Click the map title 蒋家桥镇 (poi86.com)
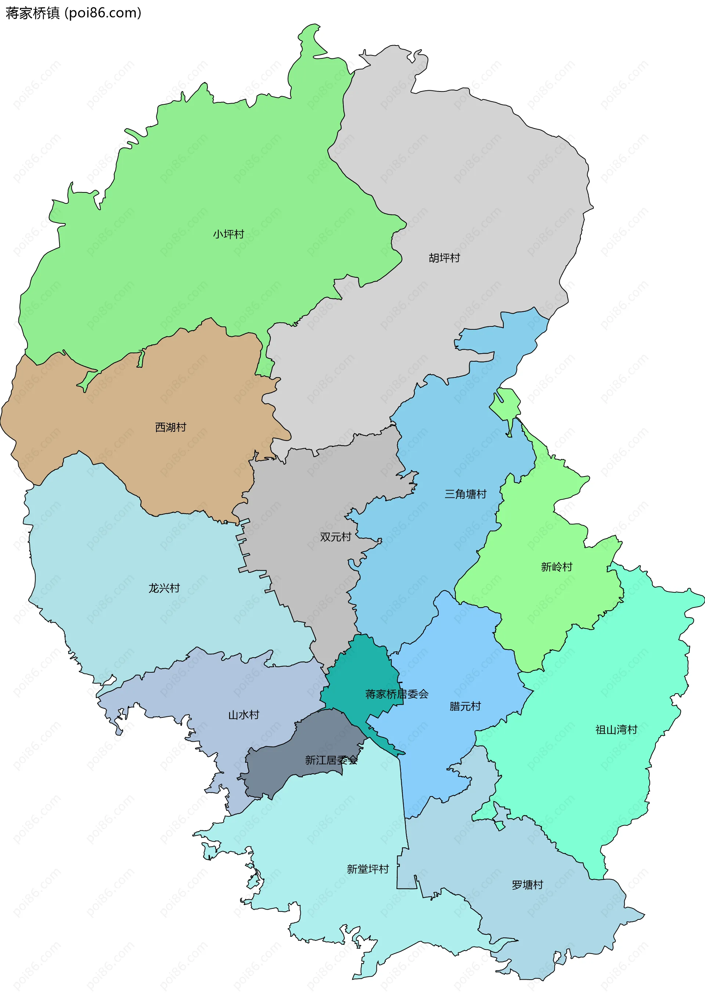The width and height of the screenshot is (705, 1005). (x=73, y=13)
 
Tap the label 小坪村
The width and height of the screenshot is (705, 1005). (x=228, y=234)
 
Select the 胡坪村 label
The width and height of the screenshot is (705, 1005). (x=444, y=258)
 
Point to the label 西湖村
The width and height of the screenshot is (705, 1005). (x=171, y=427)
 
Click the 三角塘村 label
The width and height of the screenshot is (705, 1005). (x=465, y=494)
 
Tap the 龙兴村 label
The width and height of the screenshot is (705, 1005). (x=164, y=588)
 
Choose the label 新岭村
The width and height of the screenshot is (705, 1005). (x=557, y=567)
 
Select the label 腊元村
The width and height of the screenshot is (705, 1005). (x=465, y=706)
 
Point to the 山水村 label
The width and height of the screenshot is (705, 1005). (x=244, y=715)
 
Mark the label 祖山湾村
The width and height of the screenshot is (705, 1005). (x=616, y=729)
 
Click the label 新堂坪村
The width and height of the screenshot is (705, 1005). (x=368, y=869)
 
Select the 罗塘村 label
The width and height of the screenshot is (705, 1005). (x=527, y=885)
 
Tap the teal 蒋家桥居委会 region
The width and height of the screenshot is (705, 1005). (x=363, y=665)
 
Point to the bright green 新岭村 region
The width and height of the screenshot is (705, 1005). (x=538, y=613)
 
